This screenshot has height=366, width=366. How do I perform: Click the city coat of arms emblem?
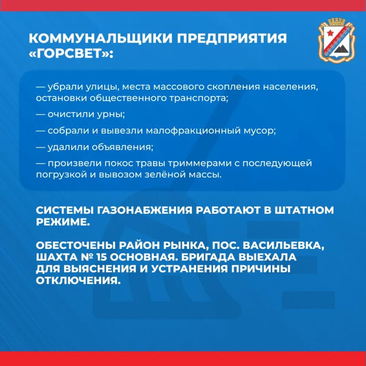point(337,40)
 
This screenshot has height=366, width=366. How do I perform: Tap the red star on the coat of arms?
point(330,33)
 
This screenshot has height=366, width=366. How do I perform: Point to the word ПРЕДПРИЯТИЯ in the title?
point(231,38)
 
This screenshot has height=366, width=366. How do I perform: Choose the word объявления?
point(122,147)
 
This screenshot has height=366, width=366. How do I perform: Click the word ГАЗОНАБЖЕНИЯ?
point(144,210)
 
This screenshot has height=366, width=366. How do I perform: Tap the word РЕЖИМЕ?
point(63,222)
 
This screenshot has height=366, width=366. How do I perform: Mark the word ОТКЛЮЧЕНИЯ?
point(78,280)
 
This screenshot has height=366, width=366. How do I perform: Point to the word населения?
point(291,87)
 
